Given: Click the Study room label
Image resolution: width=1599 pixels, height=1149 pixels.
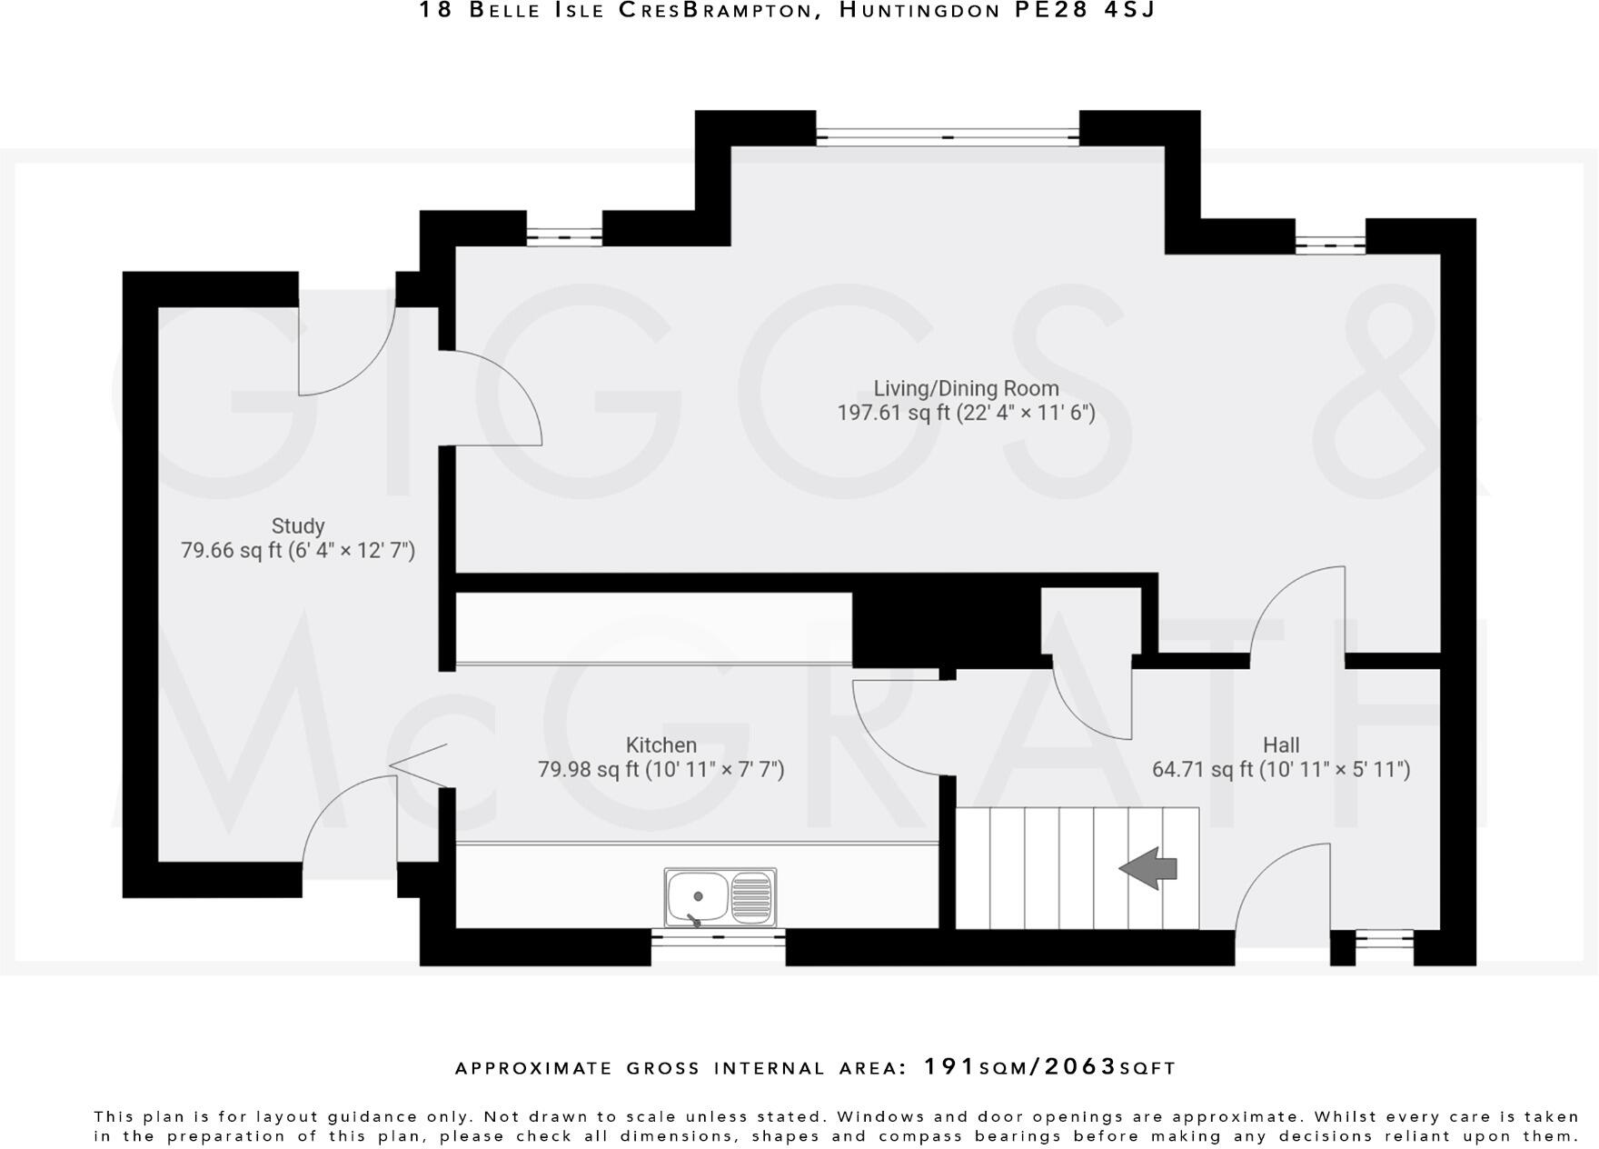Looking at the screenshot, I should [x=298, y=526].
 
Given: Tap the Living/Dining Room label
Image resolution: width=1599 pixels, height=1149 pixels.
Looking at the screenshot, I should [x=966, y=389].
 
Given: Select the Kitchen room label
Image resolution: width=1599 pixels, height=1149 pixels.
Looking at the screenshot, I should [x=661, y=745].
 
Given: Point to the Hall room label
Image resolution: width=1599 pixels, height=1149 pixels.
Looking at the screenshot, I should [x=1281, y=745].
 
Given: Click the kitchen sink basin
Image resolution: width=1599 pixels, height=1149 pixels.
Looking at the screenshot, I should [x=697, y=895].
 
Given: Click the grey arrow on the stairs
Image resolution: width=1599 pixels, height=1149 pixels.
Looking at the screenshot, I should [x=1148, y=868].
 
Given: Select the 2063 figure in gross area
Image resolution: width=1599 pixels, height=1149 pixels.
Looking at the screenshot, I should [x=1081, y=1066].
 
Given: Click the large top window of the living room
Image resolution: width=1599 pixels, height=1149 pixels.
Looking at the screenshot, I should [x=948, y=137].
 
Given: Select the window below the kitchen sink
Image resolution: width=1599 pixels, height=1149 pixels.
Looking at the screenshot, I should [x=718, y=935].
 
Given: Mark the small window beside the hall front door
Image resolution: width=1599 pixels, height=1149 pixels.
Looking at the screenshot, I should [x=1384, y=935].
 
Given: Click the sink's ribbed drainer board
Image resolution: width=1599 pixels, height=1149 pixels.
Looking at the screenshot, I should [x=751, y=896].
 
